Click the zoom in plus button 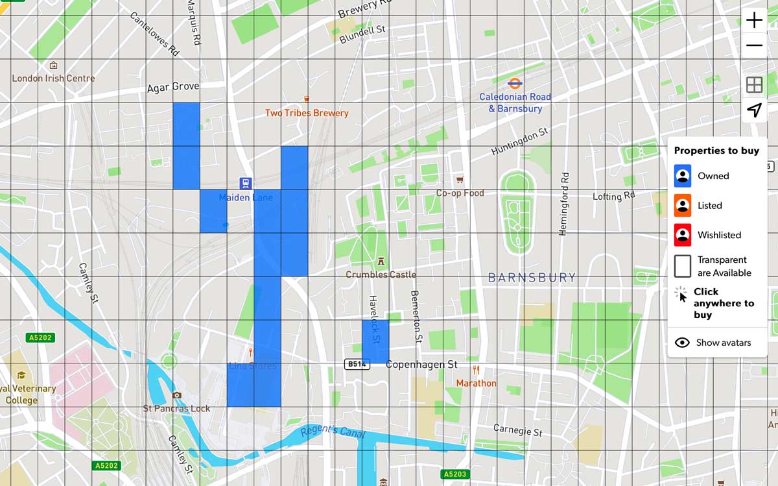(x=754, y=20)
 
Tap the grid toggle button (x=754, y=85)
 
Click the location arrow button (x=754, y=110)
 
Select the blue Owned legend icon (x=682, y=176)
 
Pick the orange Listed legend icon (x=682, y=205)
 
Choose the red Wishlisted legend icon (x=682, y=235)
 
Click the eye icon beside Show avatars (x=682, y=343)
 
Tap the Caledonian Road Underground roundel (x=515, y=83)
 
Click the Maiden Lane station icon (x=245, y=184)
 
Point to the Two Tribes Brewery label (x=307, y=113)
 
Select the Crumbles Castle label (x=381, y=274)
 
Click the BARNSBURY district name (x=532, y=278)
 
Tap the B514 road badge (x=357, y=365)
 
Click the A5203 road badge (x=454, y=474)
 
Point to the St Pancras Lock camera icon (x=177, y=395)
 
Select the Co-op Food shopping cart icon (x=460, y=180)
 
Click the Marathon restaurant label (x=476, y=383)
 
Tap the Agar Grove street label (x=173, y=87)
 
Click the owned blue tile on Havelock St (x=375, y=341)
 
